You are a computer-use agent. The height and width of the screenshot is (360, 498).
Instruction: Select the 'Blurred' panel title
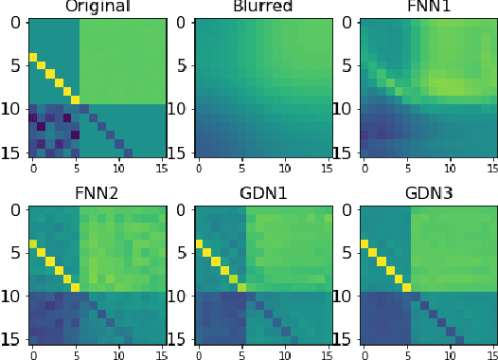pos(263,8)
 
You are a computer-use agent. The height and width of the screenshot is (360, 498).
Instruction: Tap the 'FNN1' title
pos(425,8)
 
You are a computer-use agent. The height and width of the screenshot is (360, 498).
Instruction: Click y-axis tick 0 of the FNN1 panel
pos(347,23)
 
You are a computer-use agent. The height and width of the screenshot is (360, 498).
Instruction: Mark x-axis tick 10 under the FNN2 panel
pos(117,356)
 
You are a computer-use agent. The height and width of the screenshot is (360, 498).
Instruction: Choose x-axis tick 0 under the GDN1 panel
pos(199,356)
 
